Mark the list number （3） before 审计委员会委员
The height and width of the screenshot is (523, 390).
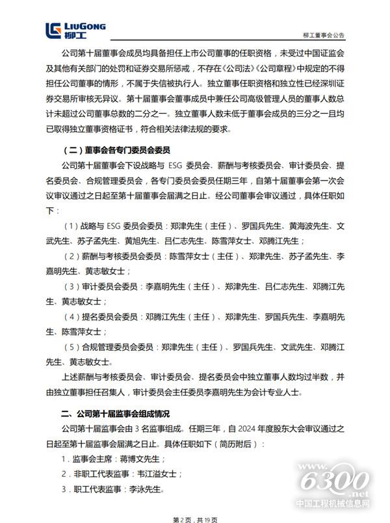click(x=71, y=286)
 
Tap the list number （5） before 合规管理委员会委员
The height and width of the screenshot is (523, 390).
click(x=71, y=347)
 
